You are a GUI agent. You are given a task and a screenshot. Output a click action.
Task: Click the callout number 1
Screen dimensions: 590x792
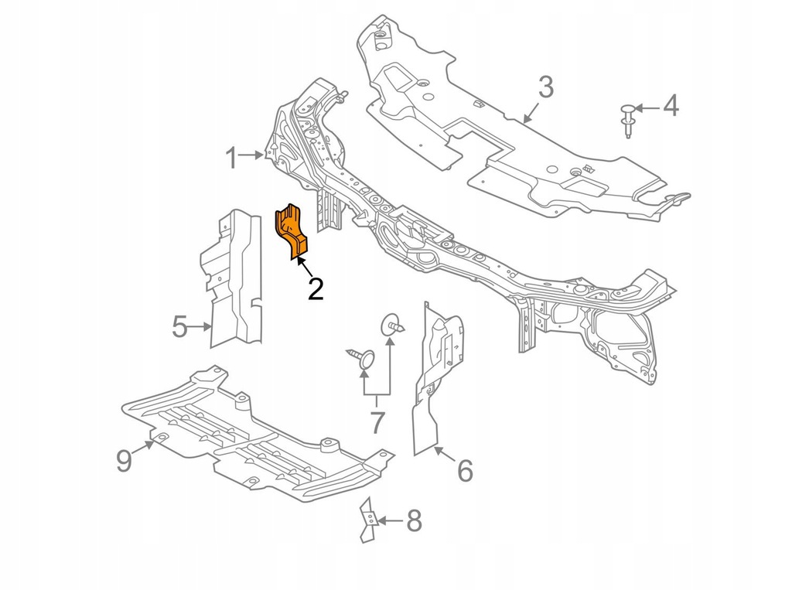coord(230,159)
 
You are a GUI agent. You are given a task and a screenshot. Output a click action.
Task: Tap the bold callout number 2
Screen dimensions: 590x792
coord(316,288)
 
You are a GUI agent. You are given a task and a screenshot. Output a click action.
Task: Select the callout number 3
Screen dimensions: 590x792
coord(545,87)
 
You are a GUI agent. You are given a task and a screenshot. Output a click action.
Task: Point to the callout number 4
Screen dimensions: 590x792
coord(670,106)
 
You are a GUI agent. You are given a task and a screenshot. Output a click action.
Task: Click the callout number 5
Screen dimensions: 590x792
coord(179,327)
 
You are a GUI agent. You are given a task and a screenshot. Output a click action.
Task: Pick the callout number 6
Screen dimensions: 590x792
coord(464,469)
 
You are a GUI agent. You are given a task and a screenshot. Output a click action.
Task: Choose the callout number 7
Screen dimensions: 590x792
coord(377,422)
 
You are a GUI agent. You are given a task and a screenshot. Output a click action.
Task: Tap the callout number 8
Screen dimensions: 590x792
coord(414,520)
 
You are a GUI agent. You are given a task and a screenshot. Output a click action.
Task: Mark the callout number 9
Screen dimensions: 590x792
coord(125,460)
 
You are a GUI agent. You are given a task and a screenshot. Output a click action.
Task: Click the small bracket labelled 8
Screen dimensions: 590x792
coord(368,521)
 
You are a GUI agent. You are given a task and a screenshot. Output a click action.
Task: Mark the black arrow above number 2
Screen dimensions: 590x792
coord(304,267)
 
